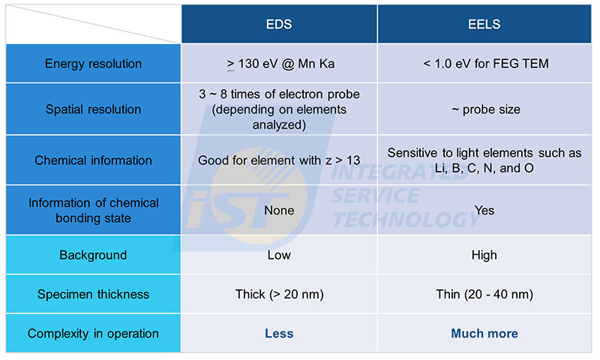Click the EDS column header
click(x=279, y=25)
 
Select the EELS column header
click(x=484, y=25)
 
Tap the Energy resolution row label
click(x=93, y=64)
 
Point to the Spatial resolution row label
click(x=93, y=109)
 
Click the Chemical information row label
click(x=93, y=160)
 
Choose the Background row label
click(x=93, y=255)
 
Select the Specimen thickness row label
click(x=93, y=294)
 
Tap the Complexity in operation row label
click(x=93, y=334)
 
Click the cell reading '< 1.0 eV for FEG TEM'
click(x=485, y=64)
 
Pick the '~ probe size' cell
click(x=486, y=109)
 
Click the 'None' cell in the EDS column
click(x=279, y=211)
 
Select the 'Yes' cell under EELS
click(x=484, y=211)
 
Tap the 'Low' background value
click(x=279, y=255)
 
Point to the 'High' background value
click(x=484, y=255)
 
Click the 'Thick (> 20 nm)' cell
click(x=279, y=294)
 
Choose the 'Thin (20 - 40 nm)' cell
click(x=484, y=294)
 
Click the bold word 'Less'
click(x=279, y=334)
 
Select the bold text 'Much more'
click(x=484, y=334)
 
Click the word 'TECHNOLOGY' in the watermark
click(x=406, y=220)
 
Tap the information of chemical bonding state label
click(x=93, y=211)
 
